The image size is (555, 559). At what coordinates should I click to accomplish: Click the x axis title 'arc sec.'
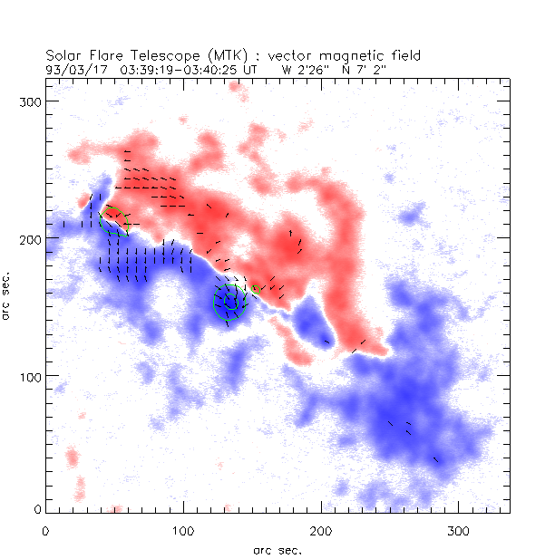coord(277,549)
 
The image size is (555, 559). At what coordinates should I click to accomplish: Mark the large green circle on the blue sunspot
coord(229,302)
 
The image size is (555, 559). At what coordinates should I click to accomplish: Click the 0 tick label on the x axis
coord(45,529)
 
